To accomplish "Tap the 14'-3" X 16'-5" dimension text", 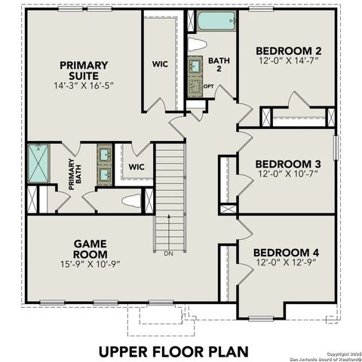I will click(84, 87).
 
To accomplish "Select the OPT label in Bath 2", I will click(208, 86).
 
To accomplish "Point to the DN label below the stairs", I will click(168, 253).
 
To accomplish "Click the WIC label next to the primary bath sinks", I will click(137, 167).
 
